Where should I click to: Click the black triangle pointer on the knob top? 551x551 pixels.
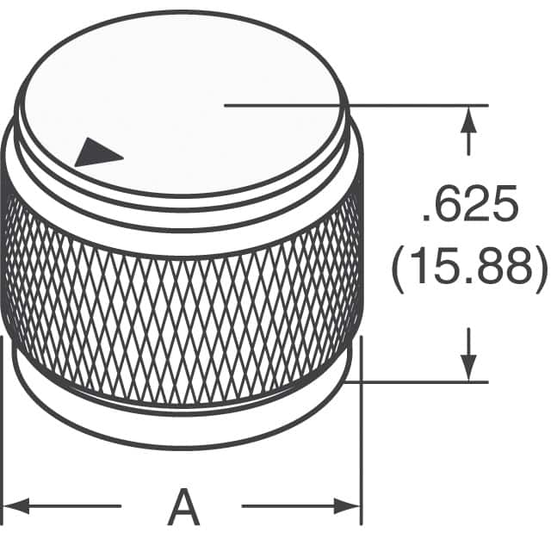coord(97,153)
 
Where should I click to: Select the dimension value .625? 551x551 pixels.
coord(470,210)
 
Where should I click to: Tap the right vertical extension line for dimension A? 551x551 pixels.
coord(361,430)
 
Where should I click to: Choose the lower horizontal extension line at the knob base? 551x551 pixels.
coord(422,381)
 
